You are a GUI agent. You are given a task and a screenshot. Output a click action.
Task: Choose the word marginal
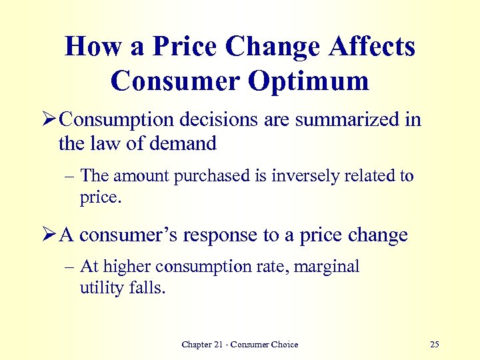[x=327, y=267]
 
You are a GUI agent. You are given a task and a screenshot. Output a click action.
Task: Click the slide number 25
[x=435, y=345]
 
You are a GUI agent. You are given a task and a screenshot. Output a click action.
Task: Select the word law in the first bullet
[x=99, y=143]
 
